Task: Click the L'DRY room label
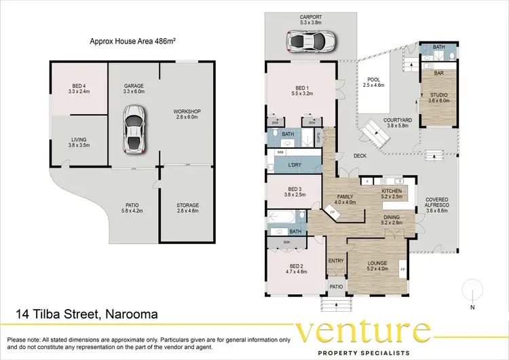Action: click(295, 166)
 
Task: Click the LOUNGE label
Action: click(377, 265)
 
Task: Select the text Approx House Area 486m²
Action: click(132, 41)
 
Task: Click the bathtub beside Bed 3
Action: click(284, 218)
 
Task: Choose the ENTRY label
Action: click(336, 261)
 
